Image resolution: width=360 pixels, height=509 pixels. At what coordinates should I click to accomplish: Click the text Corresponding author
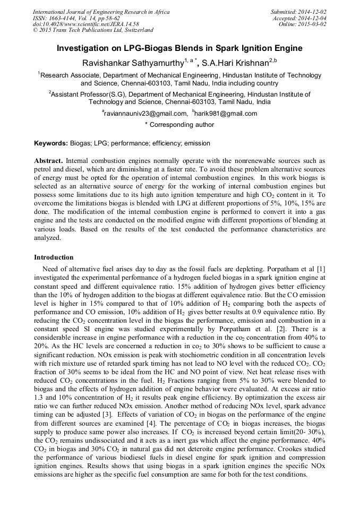pyautogui.click(x=183, y=125)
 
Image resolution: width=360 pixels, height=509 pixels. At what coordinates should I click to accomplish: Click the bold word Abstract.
pyautogui.click(x=48, y=160)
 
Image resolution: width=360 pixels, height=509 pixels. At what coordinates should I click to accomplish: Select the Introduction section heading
pyautogui.click(x=54, y=257)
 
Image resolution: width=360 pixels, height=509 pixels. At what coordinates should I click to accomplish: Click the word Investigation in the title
pyautogui.click(x=84, y=48)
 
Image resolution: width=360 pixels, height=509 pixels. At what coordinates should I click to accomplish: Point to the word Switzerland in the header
pyautogui.click(x=136, y=30)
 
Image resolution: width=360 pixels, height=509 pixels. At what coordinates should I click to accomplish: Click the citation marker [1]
pyautogui.click(x=320, y=269)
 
